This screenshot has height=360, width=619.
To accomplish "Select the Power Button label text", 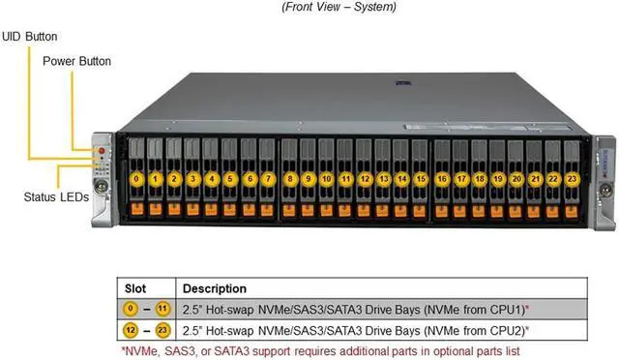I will click(76, 61).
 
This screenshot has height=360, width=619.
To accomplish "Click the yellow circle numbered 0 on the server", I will click(138, 179).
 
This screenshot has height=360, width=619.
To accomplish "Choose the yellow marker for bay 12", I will click(365, 179).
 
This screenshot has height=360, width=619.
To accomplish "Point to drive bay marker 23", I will click(572, 179).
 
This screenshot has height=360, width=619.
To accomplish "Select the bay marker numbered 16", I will click(441, 179).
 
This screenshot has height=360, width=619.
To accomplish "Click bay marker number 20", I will click(516, 179).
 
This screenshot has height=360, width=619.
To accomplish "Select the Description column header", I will click(215, 288).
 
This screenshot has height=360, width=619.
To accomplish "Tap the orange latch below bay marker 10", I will click(327, 209).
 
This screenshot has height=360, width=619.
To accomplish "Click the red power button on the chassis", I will click(102, 153).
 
